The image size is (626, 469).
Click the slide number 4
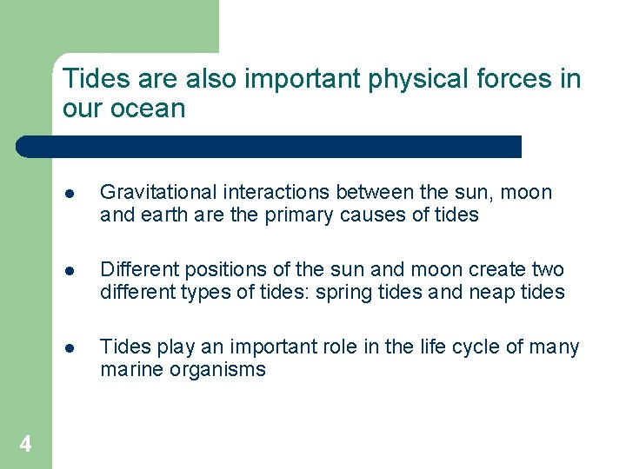[25, 445]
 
